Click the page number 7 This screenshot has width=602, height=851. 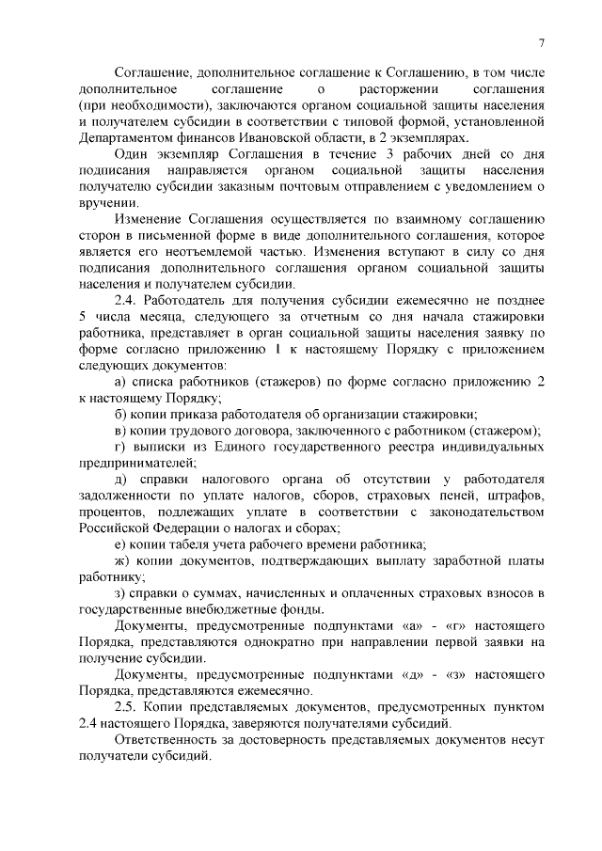[542, 42]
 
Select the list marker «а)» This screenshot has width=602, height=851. [120, 383]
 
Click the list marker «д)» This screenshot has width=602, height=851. [120, 481]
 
